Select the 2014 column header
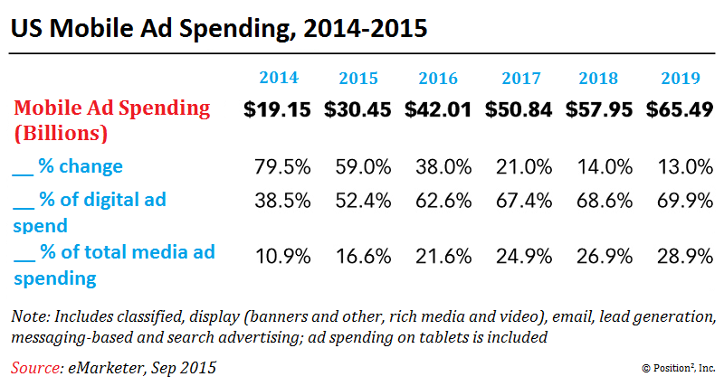(x=278, y=78)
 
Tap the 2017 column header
(x=519, y=78)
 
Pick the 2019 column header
(x=681, y=78)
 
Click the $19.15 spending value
(x=277, y=110)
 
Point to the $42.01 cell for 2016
(x=438, y=110)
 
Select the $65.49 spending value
(x=681, y=110)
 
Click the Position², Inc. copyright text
(x=678, y=369)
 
